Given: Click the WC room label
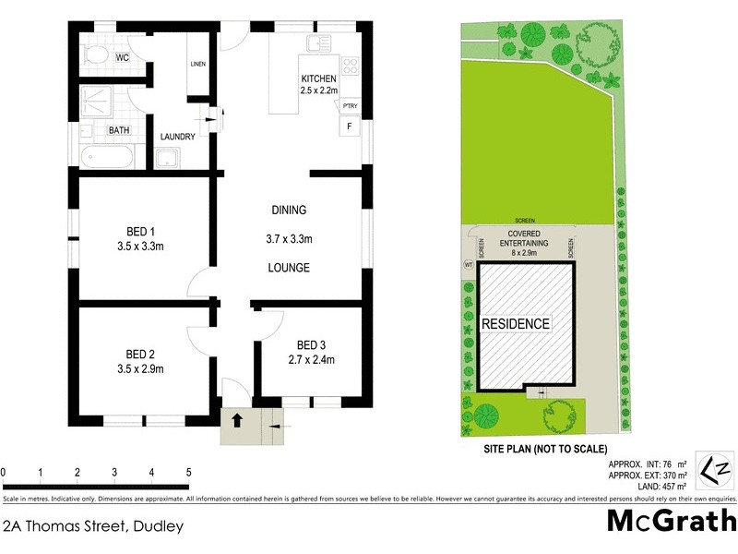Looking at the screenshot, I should (x=122, y=57).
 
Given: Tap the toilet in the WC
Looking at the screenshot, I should (x=95, y=55).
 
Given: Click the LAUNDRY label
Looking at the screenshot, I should (x=177, y=137).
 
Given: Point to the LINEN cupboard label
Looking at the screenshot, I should (x=197, y=64).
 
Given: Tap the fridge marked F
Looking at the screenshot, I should (x=350, y=126).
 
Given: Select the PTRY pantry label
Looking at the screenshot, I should (x=350, y=105).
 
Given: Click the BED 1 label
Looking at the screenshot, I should (x=140, y=232).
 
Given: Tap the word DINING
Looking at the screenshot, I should (x=289, y=210).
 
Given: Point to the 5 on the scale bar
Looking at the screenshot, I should (x=189, y=472).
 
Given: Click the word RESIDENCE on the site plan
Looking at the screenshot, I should (x=516, y=324).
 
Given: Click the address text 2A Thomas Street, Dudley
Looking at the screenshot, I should (x=93, y=527).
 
